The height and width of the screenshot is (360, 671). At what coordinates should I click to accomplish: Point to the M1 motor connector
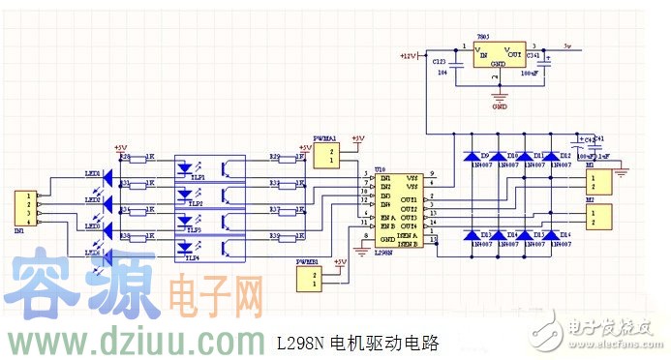point(601,182)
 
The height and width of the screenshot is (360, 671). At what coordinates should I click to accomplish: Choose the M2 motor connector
point(601,215)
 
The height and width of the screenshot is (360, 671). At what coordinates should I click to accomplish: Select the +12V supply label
point(408,56)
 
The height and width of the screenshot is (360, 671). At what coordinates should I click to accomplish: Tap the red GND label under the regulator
point(500,106)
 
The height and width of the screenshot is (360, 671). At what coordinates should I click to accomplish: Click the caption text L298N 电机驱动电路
point(357,343)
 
